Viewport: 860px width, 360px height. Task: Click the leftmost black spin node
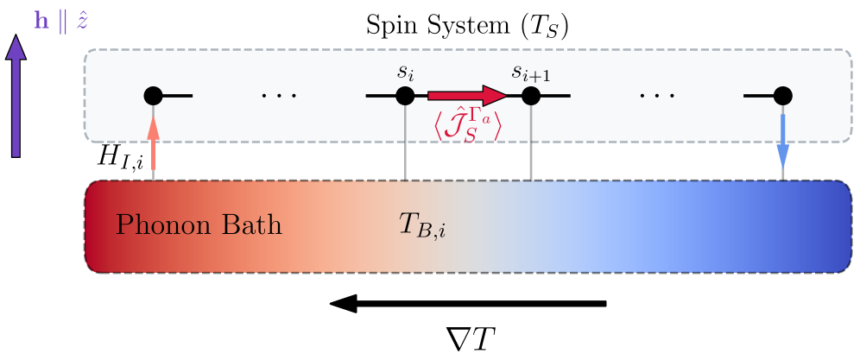[154, 95]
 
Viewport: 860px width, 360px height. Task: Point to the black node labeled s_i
[406, 95]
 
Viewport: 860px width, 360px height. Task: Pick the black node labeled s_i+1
[530, 95]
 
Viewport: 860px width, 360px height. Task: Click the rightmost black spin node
[782, 95]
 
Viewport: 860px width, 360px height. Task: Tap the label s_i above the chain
[406, 71]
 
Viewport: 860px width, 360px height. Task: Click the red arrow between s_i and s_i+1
[467, 95]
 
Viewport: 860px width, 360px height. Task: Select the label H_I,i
[121, 161]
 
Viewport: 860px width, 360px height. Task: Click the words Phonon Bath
[199, 225]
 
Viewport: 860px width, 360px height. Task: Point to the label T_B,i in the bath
[421, 227]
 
